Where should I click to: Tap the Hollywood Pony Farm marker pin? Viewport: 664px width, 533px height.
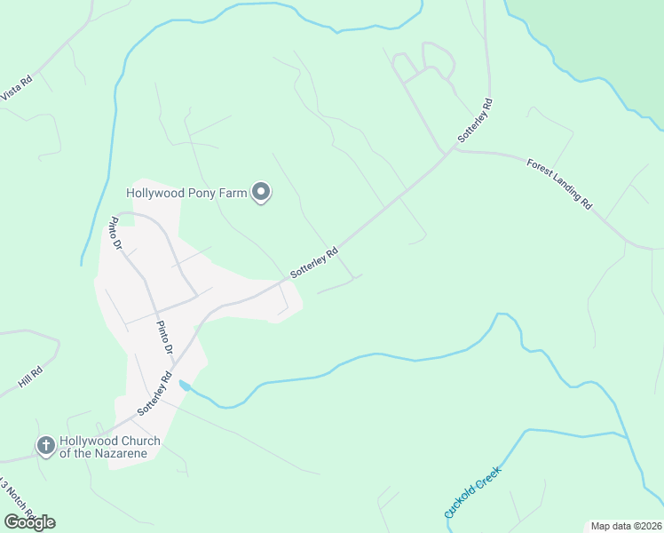point(261,191)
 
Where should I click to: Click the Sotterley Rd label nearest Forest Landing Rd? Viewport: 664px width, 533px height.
point(474,122)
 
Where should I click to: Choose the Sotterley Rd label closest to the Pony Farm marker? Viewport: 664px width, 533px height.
point(313,262)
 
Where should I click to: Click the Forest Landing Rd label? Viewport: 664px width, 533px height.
point(558,183)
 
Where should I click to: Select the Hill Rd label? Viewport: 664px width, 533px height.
point(30,377)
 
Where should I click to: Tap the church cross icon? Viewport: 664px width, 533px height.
point(44,445)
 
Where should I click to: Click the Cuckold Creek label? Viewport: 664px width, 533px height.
point(472,492)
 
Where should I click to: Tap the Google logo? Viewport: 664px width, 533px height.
point(29,521)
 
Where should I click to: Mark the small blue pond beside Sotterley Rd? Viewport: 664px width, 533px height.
point(184,385)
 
